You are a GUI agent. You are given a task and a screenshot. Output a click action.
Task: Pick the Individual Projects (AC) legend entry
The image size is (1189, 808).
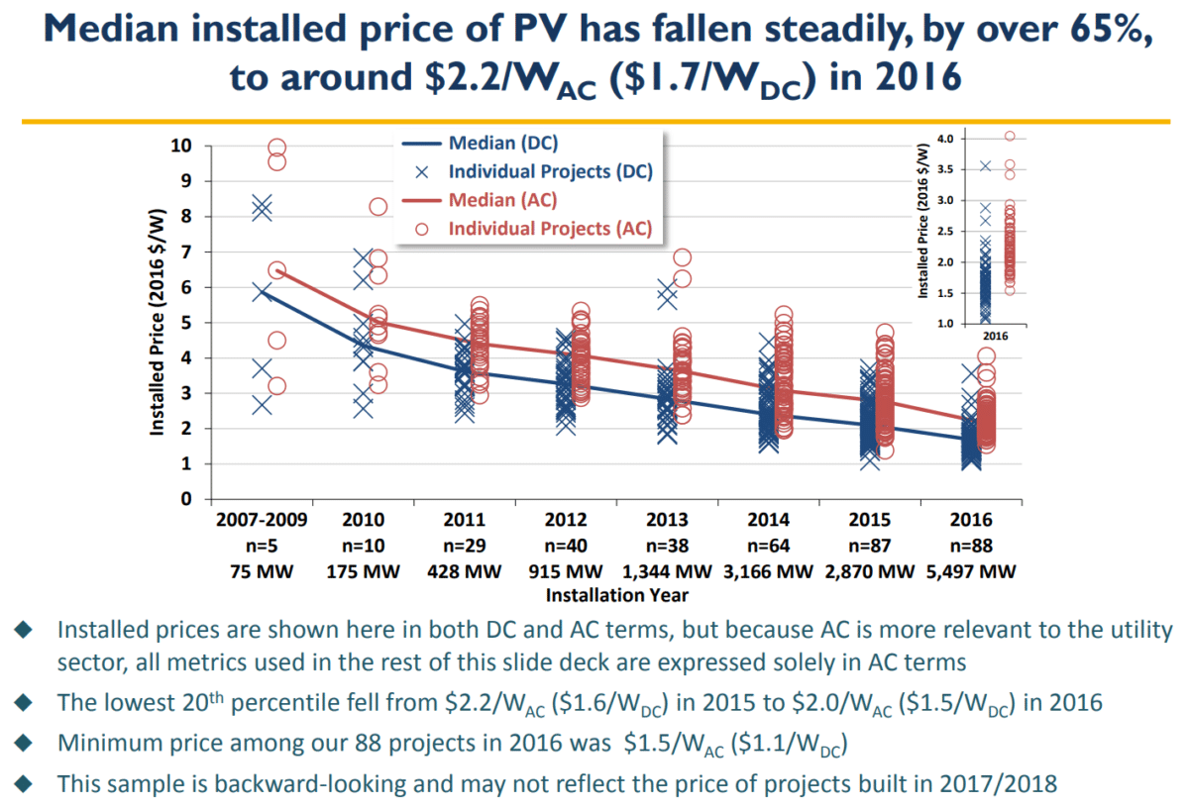coord(550,228)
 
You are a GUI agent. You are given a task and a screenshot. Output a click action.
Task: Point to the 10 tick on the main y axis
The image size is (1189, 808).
coord(182,146)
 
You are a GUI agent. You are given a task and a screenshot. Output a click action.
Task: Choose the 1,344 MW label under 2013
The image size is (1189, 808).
coord(667,571)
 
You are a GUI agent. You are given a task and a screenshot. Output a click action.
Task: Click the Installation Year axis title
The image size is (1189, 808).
coord(616,595)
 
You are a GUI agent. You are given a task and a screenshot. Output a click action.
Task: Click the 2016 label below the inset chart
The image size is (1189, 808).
coord(996,337)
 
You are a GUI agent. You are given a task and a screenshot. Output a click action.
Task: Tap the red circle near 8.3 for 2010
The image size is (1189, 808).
coord(378,207)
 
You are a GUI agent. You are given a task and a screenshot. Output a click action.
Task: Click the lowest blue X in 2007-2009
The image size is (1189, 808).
coord(262,405)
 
